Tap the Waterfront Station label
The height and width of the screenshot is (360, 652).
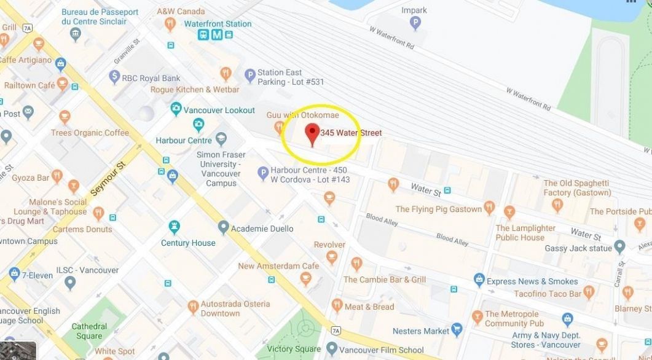click(x=218, y=24)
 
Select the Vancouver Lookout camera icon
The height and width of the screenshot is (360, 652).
click(x=176, y=109)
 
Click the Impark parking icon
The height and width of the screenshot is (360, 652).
click(x=415, y=23)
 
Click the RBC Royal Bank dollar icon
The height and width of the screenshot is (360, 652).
click(x=114, y=77)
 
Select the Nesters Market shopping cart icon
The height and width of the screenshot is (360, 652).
click(x=457, y=331)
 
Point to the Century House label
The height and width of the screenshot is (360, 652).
click(x=188, y=243)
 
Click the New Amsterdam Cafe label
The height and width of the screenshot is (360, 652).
click(x=278, y=266)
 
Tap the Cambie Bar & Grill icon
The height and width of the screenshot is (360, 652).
click(x=357, y=264)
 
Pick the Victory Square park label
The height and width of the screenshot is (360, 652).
click(x=294, y=349)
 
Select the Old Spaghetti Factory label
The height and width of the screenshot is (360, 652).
click(x=576, y=187)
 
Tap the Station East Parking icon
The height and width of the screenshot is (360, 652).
click(x=249, y=76)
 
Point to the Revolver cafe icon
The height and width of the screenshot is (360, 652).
click(x=332, y=257)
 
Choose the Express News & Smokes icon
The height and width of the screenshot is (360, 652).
click(x=479, y=281)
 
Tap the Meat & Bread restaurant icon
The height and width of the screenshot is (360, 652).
click(x=337, y=305)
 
